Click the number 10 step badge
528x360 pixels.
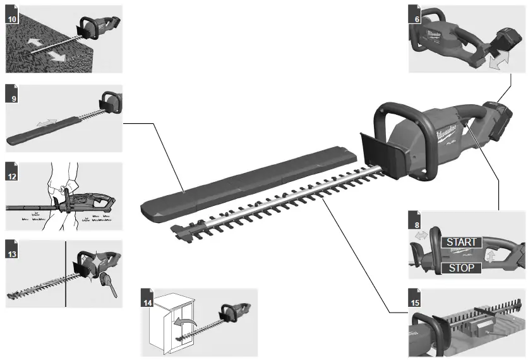(x=12, y=19)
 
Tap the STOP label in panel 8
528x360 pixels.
(x=460, y=268)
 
